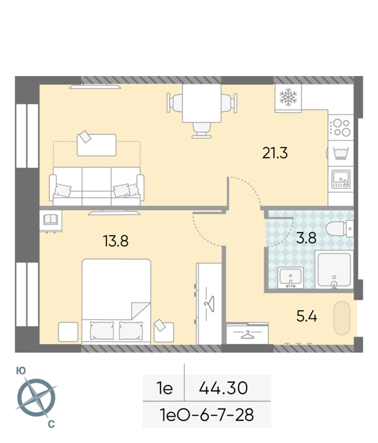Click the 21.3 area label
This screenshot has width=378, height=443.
coord(275,153)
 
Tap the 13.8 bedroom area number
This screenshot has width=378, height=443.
coord(116,242)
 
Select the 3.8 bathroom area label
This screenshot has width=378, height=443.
coord(306,238)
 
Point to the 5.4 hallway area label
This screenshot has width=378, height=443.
coord(307,316)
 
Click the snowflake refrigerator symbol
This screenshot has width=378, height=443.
coord(288,97)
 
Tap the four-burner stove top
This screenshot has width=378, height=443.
coord(341,127)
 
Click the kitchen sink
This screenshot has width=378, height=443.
coord(341,179)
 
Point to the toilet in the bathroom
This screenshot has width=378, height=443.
coord(340,228)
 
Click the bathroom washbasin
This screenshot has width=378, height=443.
coord(290,278)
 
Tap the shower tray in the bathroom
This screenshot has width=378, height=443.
coord(334,270)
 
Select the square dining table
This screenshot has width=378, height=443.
coord(201,103)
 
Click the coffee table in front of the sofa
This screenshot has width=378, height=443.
coord(97,145)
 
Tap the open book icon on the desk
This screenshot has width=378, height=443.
coord(51,219)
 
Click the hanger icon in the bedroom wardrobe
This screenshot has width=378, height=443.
coord(210,304)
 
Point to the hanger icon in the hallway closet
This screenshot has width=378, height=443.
coord(247,335)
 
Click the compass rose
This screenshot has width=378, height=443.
coord(36,397)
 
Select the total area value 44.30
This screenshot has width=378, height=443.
coord(223,388)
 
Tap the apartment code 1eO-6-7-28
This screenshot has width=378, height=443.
coord(207,415)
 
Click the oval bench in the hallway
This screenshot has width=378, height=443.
coord(342,318)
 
